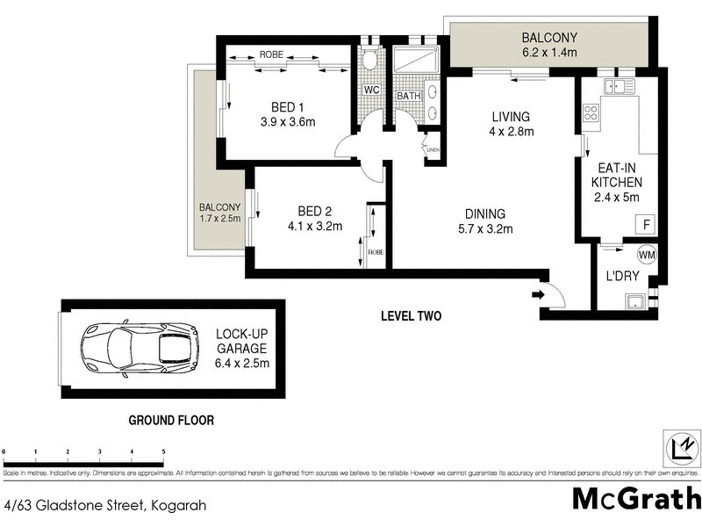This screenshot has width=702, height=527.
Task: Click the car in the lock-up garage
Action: point(140,349)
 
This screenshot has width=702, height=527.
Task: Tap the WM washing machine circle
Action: point(647,255)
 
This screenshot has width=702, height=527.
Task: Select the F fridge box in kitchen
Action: point(647,225)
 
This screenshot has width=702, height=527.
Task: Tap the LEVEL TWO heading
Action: point(410,316)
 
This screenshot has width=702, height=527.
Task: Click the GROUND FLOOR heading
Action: point(171,420)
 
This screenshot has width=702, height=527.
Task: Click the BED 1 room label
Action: point(276,107)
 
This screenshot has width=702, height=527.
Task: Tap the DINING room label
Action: point(485,213)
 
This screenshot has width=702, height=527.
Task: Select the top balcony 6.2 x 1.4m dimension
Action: point(549,53)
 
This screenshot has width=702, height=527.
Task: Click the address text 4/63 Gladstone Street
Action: point(75,504)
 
